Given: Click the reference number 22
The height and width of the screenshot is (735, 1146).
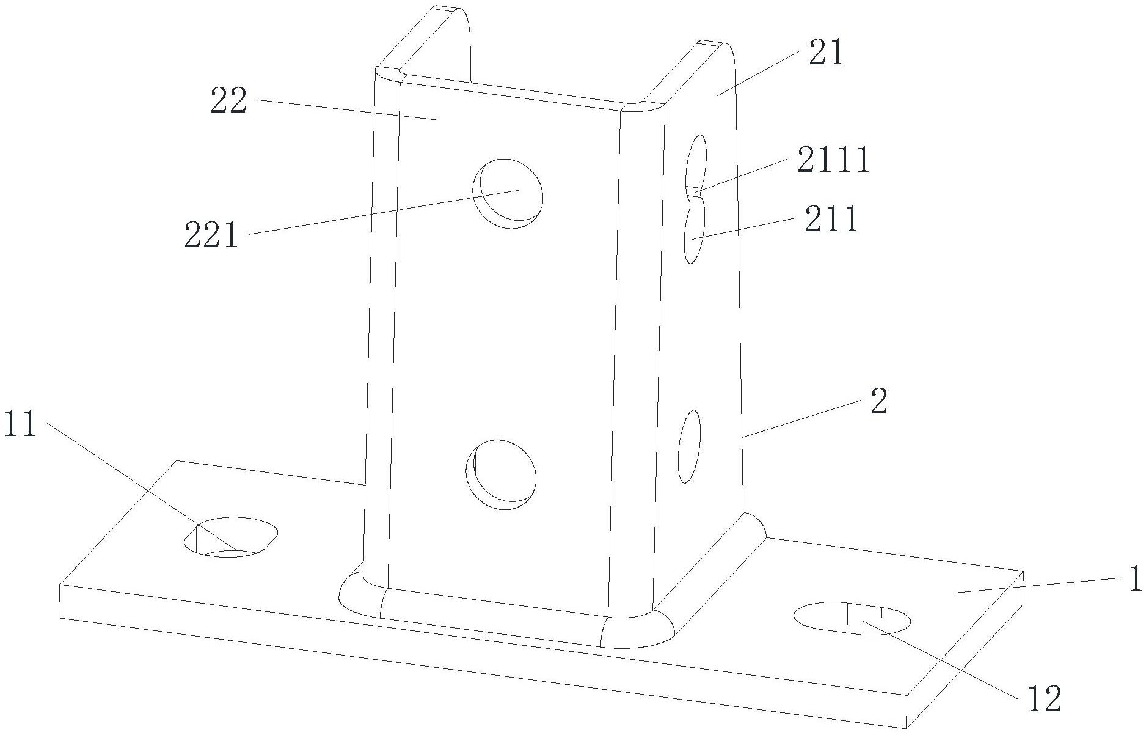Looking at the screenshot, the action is (228, 102).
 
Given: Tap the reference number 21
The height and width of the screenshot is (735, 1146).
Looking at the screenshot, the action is (826, 53).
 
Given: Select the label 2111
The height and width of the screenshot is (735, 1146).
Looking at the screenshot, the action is (833, 161).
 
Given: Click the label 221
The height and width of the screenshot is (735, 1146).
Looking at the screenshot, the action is (211, 235).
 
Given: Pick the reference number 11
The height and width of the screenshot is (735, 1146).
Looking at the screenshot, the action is (20, 424).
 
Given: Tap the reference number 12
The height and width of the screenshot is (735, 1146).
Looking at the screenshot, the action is (1045, 700).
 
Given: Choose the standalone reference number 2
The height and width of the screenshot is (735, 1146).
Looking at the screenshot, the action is (879, 402).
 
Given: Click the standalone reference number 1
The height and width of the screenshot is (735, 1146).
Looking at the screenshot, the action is (1135, 578).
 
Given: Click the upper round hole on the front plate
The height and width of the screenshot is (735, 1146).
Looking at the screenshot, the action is (508, 194).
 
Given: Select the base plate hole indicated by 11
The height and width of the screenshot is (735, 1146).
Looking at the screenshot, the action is (231, 537).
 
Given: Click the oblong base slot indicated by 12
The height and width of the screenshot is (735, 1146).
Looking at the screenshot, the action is (852, 618).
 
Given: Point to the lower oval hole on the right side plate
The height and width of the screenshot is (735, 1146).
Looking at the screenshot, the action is (690, 446).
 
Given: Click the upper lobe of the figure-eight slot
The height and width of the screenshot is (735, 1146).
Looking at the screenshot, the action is (697, 160).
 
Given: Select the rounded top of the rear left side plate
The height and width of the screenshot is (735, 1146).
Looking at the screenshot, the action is (451, 12).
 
